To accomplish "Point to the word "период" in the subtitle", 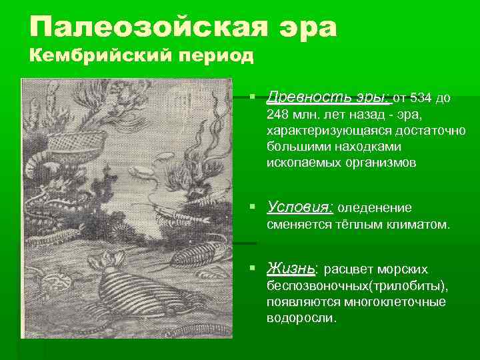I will [x=216, y=55].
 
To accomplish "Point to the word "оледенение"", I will [x=377, y=207].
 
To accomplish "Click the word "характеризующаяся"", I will [x=319, y=131].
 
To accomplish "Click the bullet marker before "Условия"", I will [x=253, y=207].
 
